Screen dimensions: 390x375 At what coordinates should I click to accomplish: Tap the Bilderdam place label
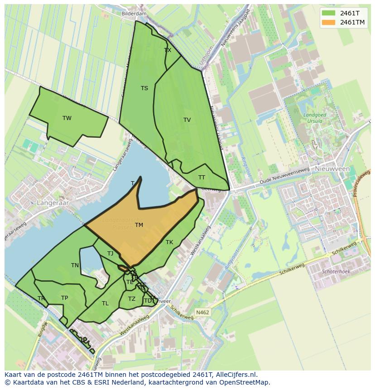click(135, 14)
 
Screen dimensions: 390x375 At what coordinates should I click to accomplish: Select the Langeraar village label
click(53, 203)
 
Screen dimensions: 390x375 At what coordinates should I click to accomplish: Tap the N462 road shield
click(202, 313)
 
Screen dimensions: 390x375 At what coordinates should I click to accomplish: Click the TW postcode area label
click(67, 118)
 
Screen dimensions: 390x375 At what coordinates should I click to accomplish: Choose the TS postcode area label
click(144, 88)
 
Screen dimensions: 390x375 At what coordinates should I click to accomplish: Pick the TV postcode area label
click(187, 120)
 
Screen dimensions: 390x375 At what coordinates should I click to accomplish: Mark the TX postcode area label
click(168, 50)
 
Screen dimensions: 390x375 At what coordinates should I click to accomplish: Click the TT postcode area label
click(202, 178)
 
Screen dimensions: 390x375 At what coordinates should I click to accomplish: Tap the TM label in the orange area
click(139, 225)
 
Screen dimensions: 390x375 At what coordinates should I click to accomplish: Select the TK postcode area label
click(169, 242)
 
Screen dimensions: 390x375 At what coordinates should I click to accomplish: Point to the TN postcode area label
click(75, 265)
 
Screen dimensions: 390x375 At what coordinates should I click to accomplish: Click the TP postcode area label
click(64, 298)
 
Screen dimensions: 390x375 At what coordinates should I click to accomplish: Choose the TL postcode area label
click(105, 303)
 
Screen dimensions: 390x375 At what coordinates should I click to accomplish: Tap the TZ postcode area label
click(132, 299)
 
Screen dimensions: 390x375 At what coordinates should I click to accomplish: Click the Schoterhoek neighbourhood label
click(336, 272)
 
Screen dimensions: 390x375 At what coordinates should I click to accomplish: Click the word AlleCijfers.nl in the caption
click(236, 375)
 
